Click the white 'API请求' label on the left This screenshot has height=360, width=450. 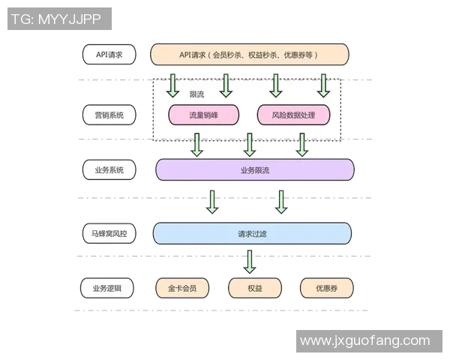tap(109, 55)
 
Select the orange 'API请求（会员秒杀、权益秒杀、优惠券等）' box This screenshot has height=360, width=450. tap(249, 55)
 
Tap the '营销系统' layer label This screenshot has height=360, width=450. tap(109, 115)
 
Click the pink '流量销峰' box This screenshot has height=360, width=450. tap(203, 115)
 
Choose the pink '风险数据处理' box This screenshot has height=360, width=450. tap(292, 115)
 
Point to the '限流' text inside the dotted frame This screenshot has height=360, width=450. tap(197, 94)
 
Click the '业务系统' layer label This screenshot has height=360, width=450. tap(109, 169)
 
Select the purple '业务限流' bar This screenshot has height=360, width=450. tap(254, 170)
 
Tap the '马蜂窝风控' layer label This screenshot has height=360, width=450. tap(109, 234)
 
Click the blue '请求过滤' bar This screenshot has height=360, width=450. tap(252, 234)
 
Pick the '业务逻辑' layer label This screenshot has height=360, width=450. tap(109, 288)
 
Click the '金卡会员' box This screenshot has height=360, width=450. tap(181, 288)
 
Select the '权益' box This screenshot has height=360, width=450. tap(254, 288)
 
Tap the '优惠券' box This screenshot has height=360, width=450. tap(326, 288)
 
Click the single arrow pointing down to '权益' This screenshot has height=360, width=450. tap(250, 261)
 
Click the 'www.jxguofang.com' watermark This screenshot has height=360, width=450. tap(364, 341)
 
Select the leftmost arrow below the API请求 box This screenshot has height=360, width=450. tap(173, 85)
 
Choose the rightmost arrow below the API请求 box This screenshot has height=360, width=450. tap(323, 85)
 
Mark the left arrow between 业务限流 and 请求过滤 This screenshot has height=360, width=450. tap(212, 201)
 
